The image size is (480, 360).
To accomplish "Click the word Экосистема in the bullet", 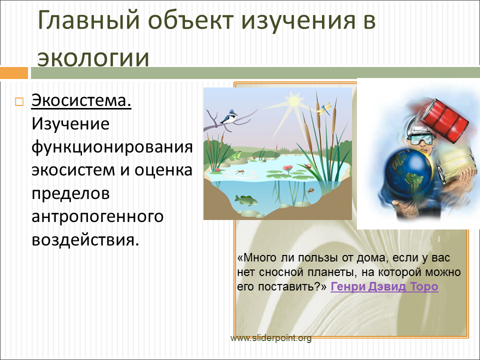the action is coord(81,100).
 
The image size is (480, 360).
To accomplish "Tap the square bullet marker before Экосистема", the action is coord(19,101).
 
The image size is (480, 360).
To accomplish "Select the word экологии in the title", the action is coord(93,58).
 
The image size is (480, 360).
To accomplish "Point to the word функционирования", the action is coord(112,147).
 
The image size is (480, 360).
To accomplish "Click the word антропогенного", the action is coord(97,216).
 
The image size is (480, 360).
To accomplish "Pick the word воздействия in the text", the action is coord(85,239).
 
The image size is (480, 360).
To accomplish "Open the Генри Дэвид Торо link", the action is coord(384,286).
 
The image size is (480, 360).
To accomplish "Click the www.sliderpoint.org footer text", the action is coord(271,338).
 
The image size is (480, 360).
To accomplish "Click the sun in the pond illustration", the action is coord(293,100).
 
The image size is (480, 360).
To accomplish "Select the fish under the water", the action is coord(246,200).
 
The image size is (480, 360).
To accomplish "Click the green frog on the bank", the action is coord(236,155).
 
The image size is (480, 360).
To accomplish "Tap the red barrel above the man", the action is coord(443,120).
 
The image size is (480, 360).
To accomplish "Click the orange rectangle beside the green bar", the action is coord(14,73).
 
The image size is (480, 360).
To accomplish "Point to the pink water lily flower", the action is coord(287,168).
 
